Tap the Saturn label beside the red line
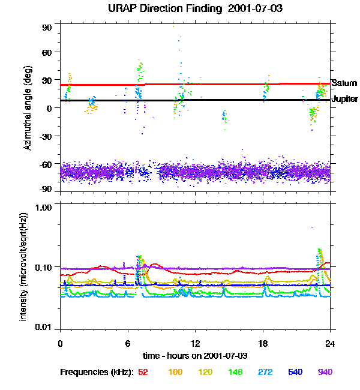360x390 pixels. tap(344, 83)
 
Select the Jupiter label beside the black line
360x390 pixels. tap(345, 99)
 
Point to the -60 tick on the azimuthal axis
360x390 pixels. tap(46, 164)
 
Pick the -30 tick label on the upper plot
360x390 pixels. tap(46, 136)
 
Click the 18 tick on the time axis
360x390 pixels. tap(262, 343)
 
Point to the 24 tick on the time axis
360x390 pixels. tap(329, 343)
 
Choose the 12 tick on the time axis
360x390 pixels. tap(194, 343)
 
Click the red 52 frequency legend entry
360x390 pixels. tap(143, 372)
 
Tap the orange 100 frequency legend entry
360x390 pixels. tap(175, 372)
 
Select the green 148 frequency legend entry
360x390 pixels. tap(236, 372)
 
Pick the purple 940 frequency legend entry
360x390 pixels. tap(325, 372)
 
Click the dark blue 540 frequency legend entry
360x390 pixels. tap(295, 372)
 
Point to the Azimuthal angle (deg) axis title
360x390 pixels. tap(28, 108)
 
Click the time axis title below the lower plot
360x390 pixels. tap(194, 356)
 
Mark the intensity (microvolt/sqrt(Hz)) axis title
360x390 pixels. tap(23, 266)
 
